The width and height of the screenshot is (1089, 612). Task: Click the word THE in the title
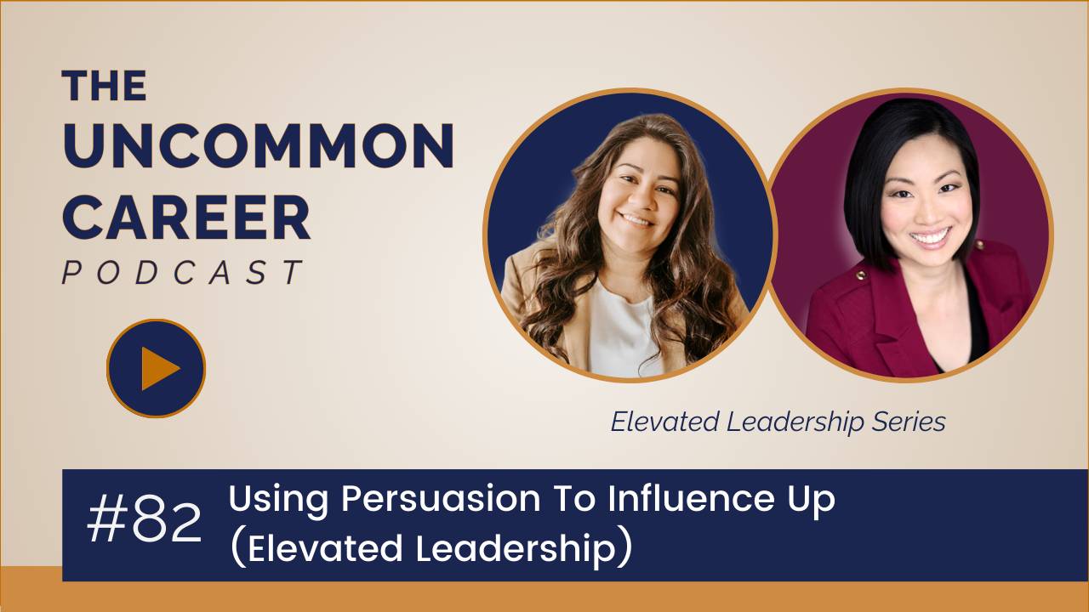pos(104,86)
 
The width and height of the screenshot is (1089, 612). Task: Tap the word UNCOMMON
pos(257,147)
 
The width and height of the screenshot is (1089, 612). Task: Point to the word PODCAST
pos(182,272)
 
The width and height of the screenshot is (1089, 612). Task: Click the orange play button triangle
pos(158,369)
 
